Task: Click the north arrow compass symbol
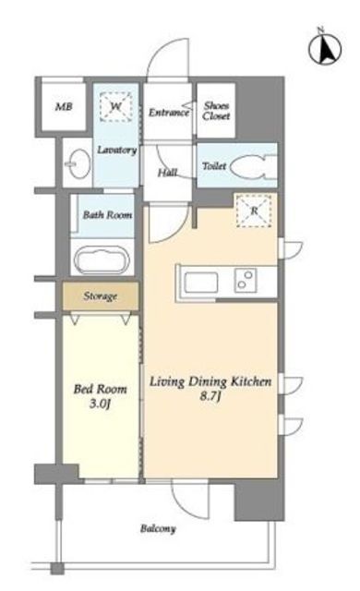coord(325,47)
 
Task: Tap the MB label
coord(64,107)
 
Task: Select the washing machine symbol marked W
coord(116,107)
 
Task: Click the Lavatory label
coord(116,150)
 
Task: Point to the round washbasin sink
coord(78,164)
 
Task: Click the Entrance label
coord(168,113)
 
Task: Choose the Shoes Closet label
coord(216,111)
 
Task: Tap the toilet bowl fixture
coord(253,166)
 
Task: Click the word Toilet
coord(214,166)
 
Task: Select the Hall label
coord(168,173)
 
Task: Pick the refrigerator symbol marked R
coord(254,211)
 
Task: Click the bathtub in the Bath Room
coord(102,260)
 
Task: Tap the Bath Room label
coord(107,215)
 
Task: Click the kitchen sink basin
coord(200,282)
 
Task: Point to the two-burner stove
coord(246,281)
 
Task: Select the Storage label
coord(101,296)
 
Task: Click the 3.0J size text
coord(100,404)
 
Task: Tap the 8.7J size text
coord(210,397)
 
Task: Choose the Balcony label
coord(158,529)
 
